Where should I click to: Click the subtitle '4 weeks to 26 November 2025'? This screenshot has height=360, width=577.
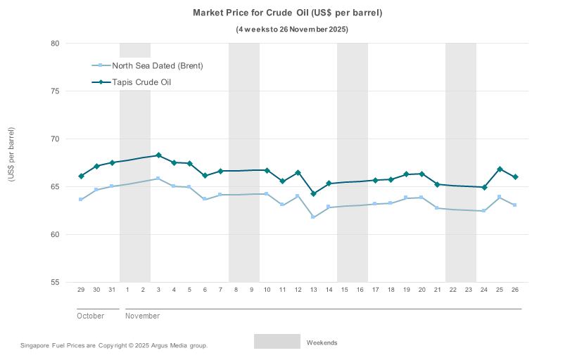(292, 30)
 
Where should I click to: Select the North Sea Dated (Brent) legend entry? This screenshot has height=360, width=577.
(158, 66)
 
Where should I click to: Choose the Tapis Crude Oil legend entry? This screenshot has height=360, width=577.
(142, 82)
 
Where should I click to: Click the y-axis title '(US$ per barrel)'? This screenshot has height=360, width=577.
(11, 155)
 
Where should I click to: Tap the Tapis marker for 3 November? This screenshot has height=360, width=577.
(158, 155)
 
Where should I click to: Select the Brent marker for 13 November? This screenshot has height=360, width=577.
(313, 217)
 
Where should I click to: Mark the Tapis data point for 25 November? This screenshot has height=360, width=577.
(500, 169)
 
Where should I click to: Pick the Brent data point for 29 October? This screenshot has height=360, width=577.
(81, 200)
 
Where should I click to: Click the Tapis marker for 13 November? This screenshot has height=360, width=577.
(313, 194)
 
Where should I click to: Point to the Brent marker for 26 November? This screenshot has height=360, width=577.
(515, 205)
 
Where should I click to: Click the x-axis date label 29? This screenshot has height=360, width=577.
(81, 290)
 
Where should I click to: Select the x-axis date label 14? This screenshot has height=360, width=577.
(329, 290)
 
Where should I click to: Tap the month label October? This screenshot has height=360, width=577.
(90, 316)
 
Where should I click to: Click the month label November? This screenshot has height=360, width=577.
(142, 316)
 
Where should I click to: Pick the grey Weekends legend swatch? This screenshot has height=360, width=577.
(277, 342)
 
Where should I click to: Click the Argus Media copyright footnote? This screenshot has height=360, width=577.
(114, 345)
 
